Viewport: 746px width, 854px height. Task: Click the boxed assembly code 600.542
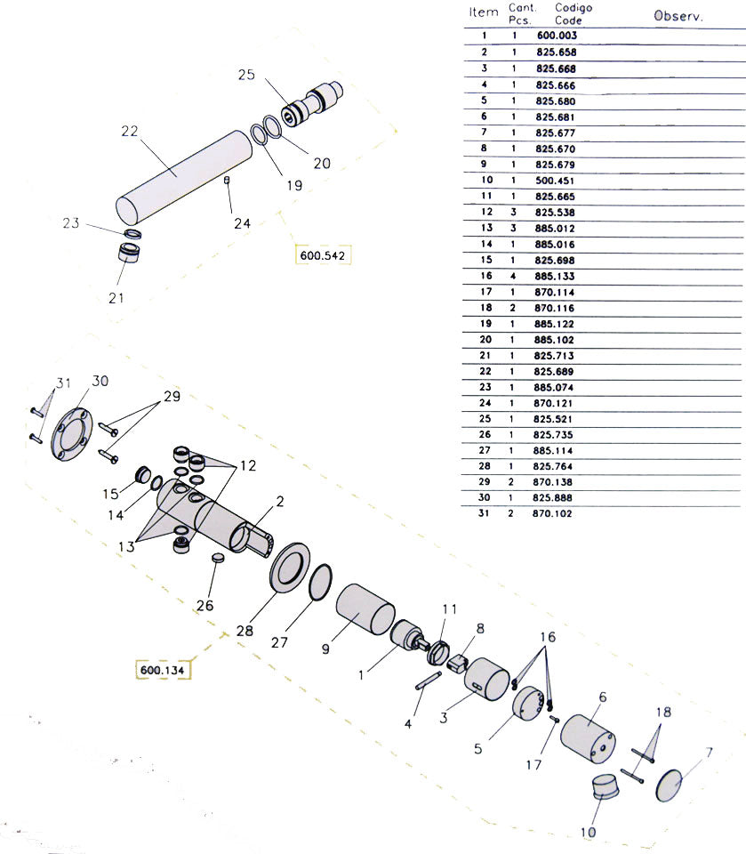pyautogui.click(x=322, y=255)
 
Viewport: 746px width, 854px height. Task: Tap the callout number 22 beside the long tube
pyautogui.click(x=130, y=132)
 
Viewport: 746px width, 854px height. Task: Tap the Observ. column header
pyautogui.click(x=678, y=16)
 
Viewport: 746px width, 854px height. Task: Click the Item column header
pyautogui.click(x=484, y=12)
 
